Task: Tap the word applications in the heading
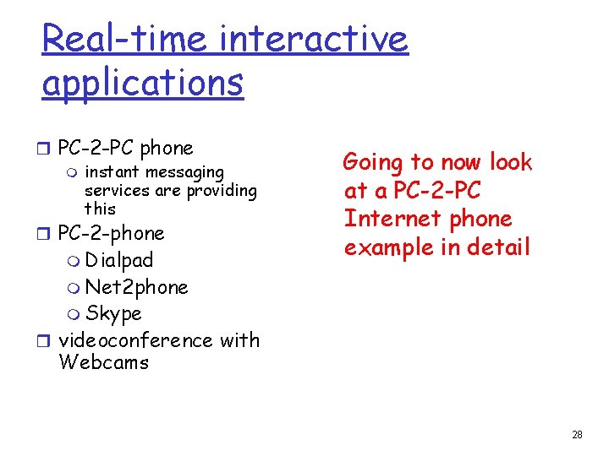click(142, 83)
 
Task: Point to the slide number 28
click(577, 435)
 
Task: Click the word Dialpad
click(118, 260)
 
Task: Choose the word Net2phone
click(136, 287)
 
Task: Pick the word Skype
click(113, 314)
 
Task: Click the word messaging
click(185, 173)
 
